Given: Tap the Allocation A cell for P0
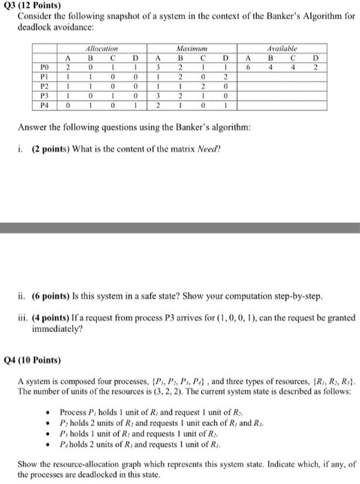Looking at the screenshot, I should (x=68, y=68).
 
